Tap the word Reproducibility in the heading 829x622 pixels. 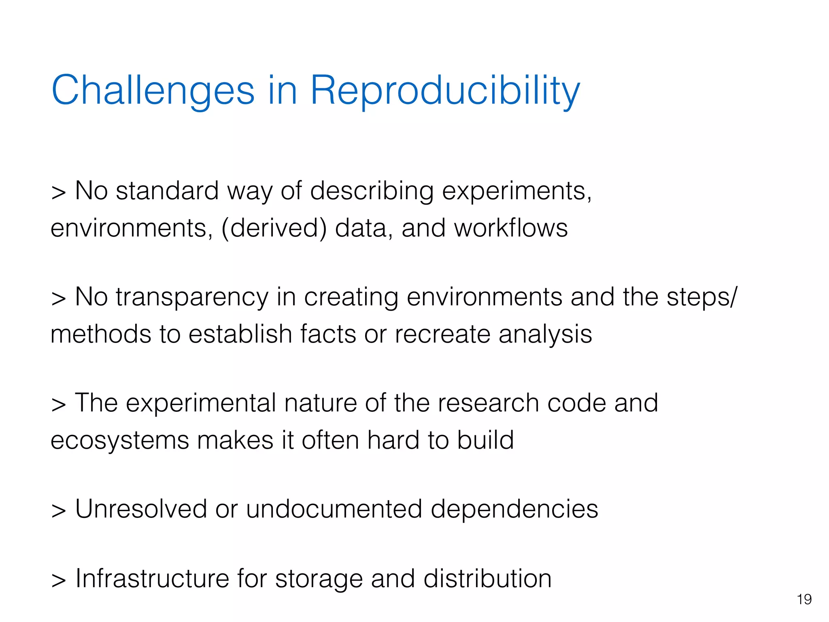click(445, 91)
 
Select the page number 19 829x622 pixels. click(804, 599)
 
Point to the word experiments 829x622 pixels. click(517, 191)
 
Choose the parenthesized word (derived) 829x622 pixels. click(274, 228)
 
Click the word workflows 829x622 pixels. click(511, 228)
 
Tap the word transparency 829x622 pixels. click(192, 297)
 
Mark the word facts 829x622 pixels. click(328, 334)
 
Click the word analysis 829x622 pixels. click(545, 335)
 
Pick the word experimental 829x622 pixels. click(201, 403)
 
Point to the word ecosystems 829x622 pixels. click(120, 441)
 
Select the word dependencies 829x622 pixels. click(514, 509)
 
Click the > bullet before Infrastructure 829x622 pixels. click(59, 580)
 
